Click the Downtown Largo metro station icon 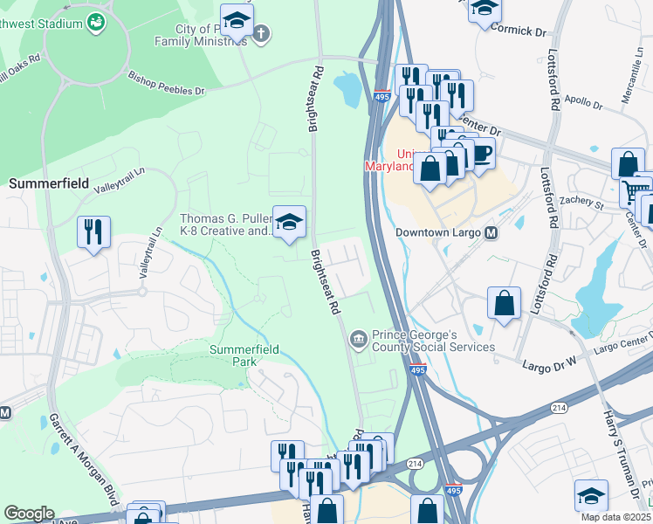[x=491, y=233]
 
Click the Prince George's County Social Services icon [x=358, y=339]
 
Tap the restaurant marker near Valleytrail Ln [x=94, y=232]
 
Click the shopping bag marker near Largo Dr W [x=504, y=304]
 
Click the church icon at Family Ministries [x=262, y=34]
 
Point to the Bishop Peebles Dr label [x=166, y=83]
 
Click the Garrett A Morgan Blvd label [x=84, y=455]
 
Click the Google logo [x=30, y=513]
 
